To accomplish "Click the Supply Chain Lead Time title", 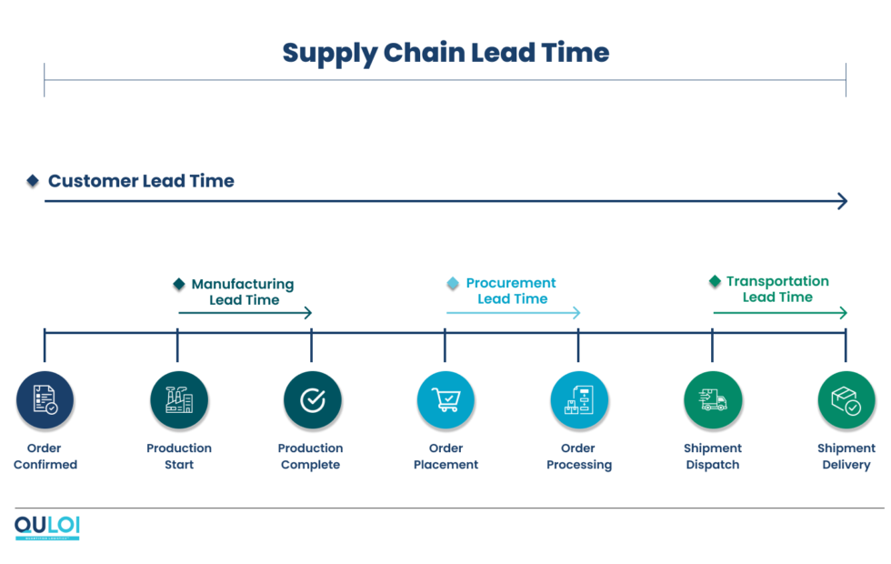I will (x=445, y=53).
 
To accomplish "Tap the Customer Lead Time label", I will (x=141, y=181).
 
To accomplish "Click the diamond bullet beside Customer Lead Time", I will (x=33, y=181).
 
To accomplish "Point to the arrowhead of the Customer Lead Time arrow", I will (x=843, y=201).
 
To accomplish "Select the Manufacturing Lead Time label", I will (x=243, y=292).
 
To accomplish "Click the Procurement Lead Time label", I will (x=512, y=291).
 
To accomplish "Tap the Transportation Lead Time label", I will (x=777, y=289).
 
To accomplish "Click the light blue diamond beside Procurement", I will (x=453, y=284).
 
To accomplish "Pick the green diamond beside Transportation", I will (x=715, y=281).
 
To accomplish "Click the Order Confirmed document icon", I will (x=45, y=400).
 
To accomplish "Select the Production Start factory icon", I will (x=179, y=400).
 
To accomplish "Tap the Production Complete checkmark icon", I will (x=312, y=400).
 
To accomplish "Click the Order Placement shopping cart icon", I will (x=445, y=400).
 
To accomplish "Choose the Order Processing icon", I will (x=579, y=400).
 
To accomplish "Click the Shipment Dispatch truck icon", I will (x=713, y=400).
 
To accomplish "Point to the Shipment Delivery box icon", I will (x=846, y=400).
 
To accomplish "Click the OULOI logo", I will (x=47, y=528).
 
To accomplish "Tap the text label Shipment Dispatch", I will (x=713, y=457).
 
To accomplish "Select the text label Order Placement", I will (x=445, y=457).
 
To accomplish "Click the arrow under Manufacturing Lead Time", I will (x=245, y=313).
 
